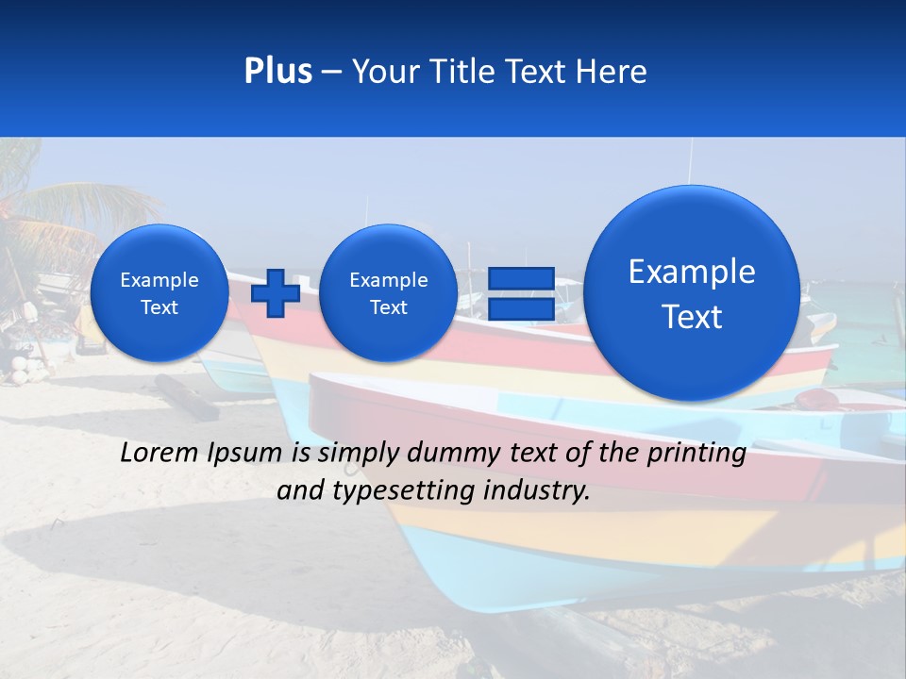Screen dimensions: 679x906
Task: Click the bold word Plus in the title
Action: [277, 72]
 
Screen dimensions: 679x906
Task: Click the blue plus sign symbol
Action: [276, 292]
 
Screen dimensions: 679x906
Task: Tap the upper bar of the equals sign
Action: [521, 278]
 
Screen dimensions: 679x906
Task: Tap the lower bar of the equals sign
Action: [521, 308]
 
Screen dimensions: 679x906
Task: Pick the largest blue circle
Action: [692, 292]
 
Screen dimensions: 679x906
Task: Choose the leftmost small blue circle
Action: [159, 292]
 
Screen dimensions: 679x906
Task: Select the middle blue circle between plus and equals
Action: [388, 292]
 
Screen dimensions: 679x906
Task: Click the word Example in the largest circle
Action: [692, 272]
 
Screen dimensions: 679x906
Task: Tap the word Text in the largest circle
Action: [692, 317]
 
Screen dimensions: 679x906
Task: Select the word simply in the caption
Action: [354, 454]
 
